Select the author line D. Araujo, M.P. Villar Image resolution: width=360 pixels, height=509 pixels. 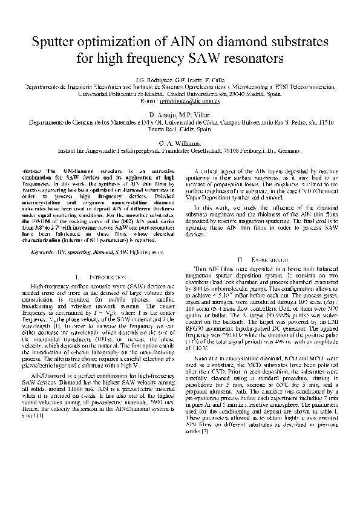pyautogui.click(x=179, y=114)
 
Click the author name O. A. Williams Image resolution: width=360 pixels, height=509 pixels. pyautogui.click(x=179, y=143)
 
